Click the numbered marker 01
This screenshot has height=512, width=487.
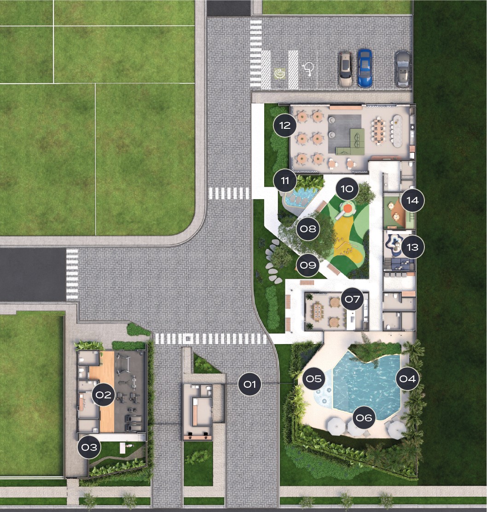(x=250, y=384)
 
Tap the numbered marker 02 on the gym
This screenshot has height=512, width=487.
(x=104, y=395)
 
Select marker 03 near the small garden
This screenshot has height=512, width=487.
(x=89, y=447)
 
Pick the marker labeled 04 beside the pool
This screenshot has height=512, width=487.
(x=408, y=379)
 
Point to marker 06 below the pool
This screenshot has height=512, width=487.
(x=364, y=418)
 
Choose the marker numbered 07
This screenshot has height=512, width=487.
(x=353, y=299)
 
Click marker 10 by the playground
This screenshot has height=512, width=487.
(x=347, y=189)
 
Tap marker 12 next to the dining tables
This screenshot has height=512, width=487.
(x=285, y=125)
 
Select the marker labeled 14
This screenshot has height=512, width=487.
(x=412, y=200)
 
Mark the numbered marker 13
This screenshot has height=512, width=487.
(x=412, y=247)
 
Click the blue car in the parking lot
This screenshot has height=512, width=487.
(x=365, y=68)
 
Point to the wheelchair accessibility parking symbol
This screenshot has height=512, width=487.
(x=308, y=69)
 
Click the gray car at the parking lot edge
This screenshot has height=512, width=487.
(x=403, y=69)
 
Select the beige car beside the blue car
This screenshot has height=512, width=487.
(x=345, y=69)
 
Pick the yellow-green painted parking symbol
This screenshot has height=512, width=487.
(x=279, y=74)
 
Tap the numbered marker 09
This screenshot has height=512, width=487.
(x=308, y=265)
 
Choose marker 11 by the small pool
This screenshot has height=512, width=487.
(x=285, y=180)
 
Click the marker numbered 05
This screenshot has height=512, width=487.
(x=314, y=379)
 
